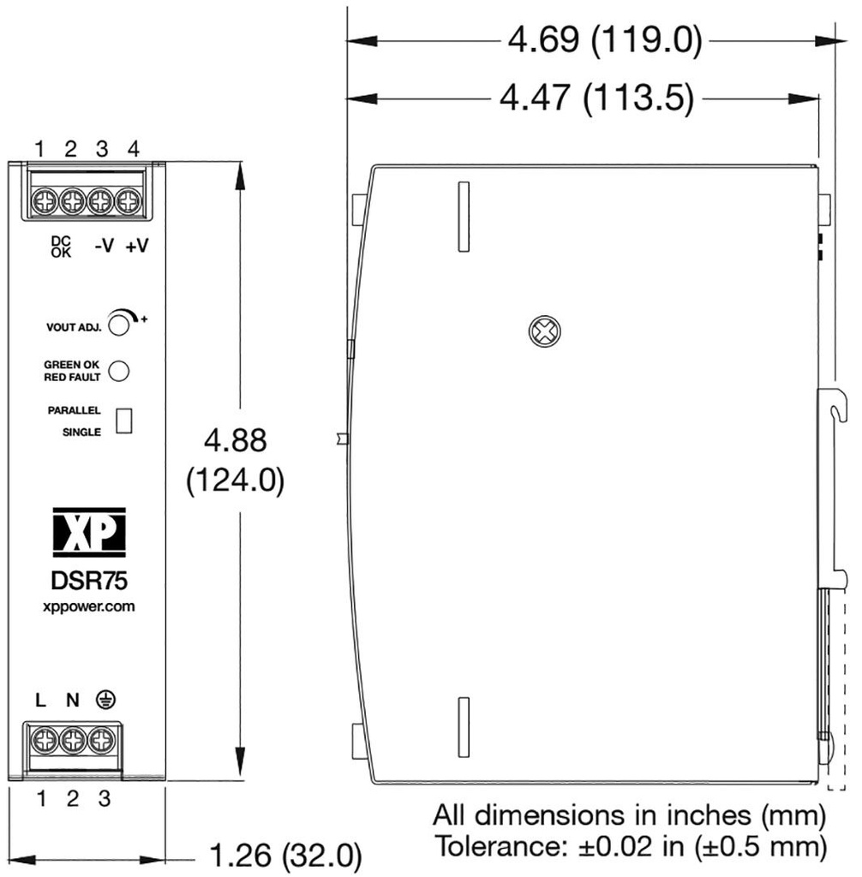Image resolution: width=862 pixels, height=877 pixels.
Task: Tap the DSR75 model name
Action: point(89,581)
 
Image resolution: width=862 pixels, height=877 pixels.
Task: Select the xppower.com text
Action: point(89,606)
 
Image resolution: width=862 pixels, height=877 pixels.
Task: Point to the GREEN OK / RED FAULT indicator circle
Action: point(121,370)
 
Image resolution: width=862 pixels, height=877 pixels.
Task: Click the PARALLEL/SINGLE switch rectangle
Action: point(124,420)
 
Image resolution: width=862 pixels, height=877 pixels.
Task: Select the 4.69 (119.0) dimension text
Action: point(605,40)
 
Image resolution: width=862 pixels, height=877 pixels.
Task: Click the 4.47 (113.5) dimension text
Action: point(596,98)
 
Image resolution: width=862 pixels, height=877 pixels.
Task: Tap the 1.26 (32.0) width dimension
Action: point(285,855)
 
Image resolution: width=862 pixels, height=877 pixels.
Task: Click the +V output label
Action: point(136,246)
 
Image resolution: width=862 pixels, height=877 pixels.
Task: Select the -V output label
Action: point(104,246)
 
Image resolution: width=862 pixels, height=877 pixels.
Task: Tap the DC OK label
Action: point(62,247)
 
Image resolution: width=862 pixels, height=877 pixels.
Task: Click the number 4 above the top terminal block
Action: point(133,148)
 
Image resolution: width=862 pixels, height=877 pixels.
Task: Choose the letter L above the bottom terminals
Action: point(41,701)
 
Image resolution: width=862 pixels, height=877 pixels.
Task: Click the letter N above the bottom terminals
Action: point(73,701)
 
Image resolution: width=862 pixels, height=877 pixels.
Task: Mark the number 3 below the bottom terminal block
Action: point(104,799)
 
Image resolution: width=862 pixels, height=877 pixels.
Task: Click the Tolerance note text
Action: point(632,847)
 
